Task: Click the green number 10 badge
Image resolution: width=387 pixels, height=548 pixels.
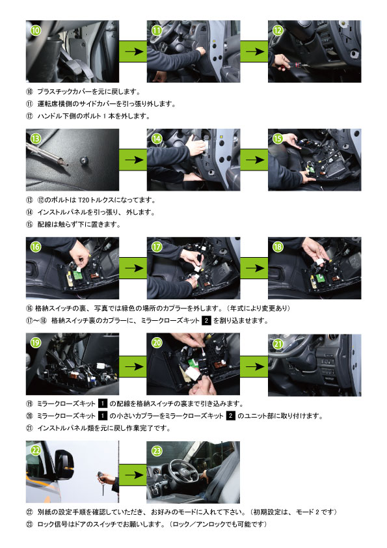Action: (36, 31)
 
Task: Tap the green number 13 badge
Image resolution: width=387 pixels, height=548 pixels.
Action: (36, 139)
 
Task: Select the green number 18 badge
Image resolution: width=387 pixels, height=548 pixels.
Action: (278, 247)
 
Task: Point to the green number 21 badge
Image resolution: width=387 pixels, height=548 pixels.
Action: (278, 344)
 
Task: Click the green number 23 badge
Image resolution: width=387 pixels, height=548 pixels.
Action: (157, 451)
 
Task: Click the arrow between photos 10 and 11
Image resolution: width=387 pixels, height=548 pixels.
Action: (134, 51)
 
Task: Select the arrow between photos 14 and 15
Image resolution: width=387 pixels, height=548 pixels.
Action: (255, 159)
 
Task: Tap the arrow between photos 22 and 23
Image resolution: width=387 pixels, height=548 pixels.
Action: (134, 475)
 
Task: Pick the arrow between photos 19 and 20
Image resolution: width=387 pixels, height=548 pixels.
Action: (134, 366)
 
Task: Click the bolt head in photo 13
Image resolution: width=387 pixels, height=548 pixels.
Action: (84, 161)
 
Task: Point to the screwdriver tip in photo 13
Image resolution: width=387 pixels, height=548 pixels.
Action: (64, 162)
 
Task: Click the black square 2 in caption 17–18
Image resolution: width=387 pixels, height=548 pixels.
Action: (206, 320)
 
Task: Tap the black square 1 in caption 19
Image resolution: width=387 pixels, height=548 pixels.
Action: (102, 404)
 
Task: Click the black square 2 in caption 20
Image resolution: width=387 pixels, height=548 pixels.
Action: (230, 416)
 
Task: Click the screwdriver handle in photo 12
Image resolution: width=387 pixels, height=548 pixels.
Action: (292, 64)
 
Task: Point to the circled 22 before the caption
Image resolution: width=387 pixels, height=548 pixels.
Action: (29, 512)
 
